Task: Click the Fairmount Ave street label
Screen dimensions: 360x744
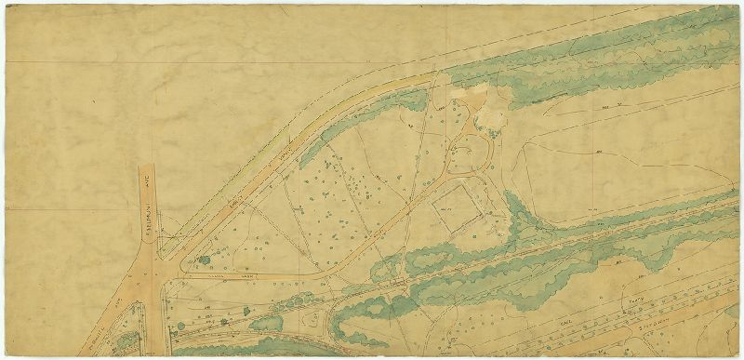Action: (148, 207)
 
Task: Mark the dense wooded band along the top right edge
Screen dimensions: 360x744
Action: (604, 56)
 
